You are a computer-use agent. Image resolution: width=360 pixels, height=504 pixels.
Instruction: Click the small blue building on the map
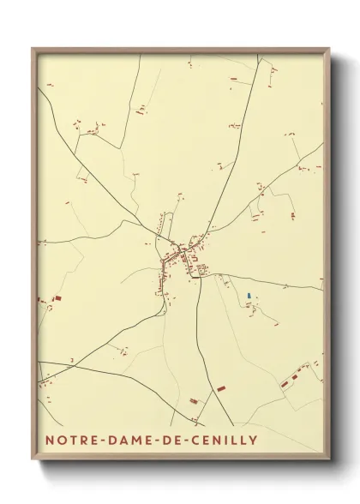click(x=249, y=297)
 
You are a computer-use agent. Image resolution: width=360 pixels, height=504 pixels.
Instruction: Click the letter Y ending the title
click(x=255, y=441)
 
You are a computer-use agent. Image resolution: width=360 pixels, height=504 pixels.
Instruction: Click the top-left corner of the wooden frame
click(x=33, y=49)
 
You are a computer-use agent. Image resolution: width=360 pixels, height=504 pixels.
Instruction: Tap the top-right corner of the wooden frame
click(x=328, y=49)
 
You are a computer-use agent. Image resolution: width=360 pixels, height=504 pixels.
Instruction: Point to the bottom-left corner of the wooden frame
click(x=33, y=460)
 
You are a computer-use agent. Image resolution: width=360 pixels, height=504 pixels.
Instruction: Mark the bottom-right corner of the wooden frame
click(x=328, y=460)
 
